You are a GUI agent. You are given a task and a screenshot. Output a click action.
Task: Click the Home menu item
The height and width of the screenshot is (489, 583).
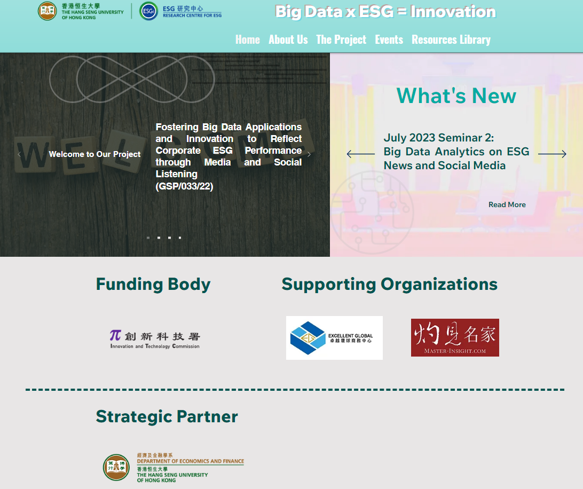click(x=247, y=40)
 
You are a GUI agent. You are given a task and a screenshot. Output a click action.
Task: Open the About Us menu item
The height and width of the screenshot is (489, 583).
click(x=288, y=40)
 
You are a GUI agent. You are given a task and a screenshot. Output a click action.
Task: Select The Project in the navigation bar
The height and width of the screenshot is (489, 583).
click(x=341, y=40)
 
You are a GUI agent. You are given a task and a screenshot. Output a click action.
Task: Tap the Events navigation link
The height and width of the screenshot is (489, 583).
click(x=389, y=40)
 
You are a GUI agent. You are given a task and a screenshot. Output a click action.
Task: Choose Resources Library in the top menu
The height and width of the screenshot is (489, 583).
click(x=451, y=40)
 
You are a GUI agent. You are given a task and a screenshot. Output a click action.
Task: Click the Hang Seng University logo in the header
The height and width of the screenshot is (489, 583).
click(x=81, y=11)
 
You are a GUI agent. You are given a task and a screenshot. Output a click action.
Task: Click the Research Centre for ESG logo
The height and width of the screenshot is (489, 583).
click(x=180, y=11)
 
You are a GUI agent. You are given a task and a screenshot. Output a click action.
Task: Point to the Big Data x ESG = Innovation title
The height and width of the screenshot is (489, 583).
click(x=385, y=12)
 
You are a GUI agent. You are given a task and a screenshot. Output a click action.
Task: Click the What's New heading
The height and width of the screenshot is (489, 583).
click(x=456, y=96)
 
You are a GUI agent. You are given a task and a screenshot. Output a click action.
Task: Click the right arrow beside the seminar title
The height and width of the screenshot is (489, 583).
click(x=552, y=154)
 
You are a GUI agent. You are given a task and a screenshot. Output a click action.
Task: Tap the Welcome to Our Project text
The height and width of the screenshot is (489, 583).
click(x=94, y=154)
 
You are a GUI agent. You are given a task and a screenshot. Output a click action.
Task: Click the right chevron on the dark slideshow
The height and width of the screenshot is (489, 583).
click(x=309, y=154)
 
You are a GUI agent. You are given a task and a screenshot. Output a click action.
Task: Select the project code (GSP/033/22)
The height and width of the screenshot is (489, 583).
click(x=184, y=186)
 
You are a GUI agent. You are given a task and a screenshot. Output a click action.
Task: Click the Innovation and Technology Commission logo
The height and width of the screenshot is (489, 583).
click(x=155, y=339)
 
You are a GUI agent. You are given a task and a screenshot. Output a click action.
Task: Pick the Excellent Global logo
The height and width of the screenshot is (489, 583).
click(x=334, y=338)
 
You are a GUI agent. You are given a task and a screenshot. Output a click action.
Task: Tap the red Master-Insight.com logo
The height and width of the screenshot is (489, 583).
click(x=455, y=337)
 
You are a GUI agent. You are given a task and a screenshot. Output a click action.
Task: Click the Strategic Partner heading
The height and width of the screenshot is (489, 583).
click(x=167, y=416)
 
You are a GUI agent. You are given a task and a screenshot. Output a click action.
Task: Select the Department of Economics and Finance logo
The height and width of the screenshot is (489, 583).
click(x=174, y=468)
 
